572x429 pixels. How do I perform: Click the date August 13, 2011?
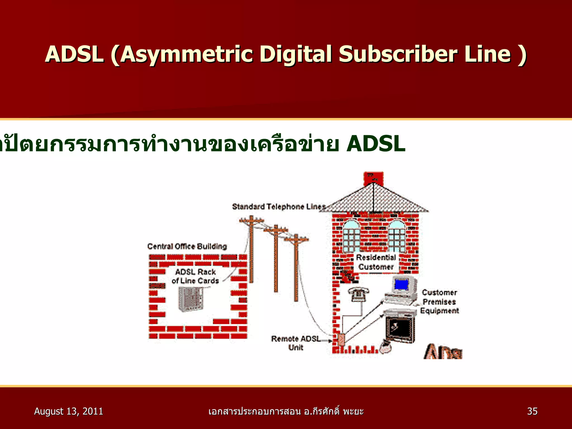coord(68,411)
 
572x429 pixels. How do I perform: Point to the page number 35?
coord(532,411)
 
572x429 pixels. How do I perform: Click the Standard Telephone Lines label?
coord(279,207)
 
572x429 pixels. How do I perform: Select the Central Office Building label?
coord(187,246)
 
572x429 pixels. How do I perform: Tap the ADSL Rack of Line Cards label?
coord(195,276)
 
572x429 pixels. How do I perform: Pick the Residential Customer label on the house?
coord(376,262)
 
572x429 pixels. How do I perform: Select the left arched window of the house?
coord(351,236)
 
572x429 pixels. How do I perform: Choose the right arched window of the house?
coord(397,236)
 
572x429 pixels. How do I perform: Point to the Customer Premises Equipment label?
coord(439,302)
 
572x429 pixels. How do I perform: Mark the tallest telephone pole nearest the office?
coord(251,249)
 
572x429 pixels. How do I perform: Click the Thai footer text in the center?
coord(286,411)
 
